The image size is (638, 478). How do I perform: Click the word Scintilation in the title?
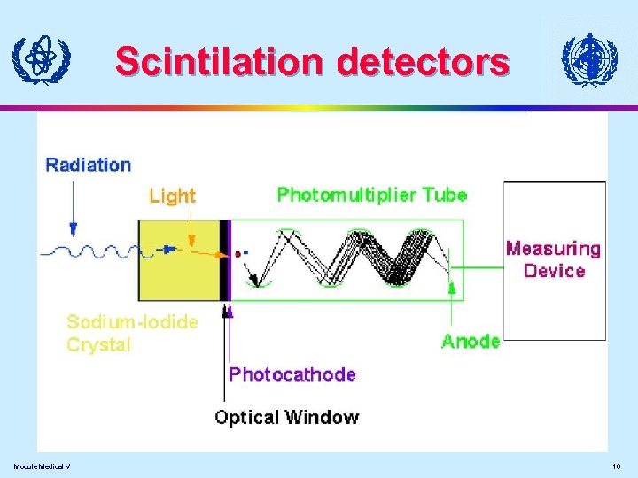[x=222, y=62]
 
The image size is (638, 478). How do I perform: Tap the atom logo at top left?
[x=40, y=59]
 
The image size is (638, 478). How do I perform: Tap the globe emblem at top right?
[x=588, y=60]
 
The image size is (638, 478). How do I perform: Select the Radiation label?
[x=88, y=165]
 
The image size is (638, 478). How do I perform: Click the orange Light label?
[x=172, y=196]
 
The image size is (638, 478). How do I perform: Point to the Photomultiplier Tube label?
[x=372, y=195]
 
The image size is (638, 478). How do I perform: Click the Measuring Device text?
[x=553, y=259]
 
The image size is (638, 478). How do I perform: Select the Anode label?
[x=471, y=341]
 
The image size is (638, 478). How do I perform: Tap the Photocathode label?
[x=292, y=374]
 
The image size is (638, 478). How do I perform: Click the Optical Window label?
[x=287, y=418]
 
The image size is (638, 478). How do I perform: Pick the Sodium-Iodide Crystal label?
[x=133, y=333]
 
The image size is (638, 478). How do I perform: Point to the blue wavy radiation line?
[x=89, y=251]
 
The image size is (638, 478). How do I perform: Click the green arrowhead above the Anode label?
[x=452, y=288]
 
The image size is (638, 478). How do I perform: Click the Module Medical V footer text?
[x=43, y=466]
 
